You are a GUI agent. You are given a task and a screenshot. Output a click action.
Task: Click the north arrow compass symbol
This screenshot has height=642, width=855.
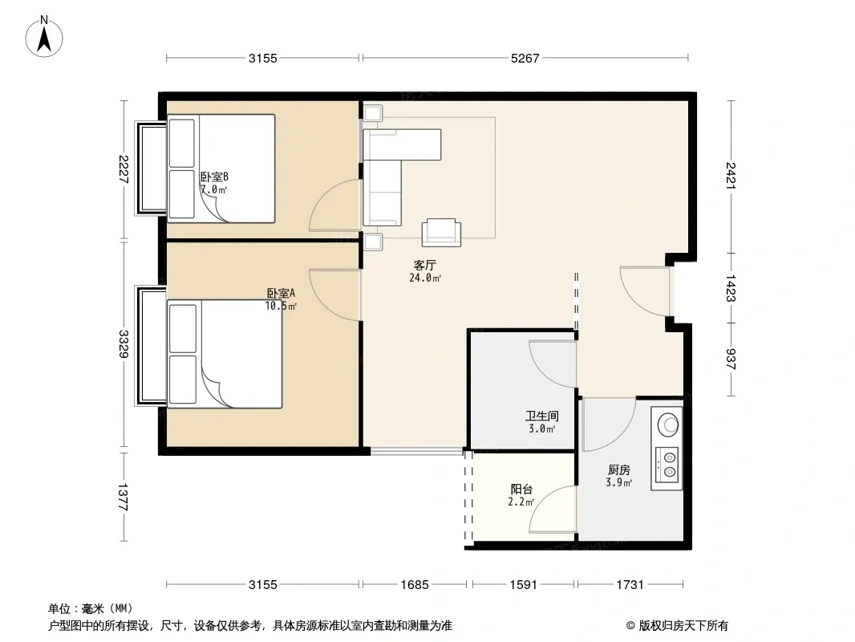tap(44, 37)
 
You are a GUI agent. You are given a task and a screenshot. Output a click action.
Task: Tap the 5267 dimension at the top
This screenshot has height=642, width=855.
tap(525, 59)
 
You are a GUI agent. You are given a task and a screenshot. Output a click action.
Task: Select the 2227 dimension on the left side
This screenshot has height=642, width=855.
tap(124, 169)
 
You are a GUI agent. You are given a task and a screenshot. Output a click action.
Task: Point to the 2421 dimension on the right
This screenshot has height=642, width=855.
tap(731, 176)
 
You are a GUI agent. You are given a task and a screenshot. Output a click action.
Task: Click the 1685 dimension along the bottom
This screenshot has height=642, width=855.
tap(415, 585)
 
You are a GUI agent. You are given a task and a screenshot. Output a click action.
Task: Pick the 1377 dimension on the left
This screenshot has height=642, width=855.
tap(124, 497)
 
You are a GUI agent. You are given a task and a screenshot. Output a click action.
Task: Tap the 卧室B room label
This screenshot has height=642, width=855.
tap(214, 177)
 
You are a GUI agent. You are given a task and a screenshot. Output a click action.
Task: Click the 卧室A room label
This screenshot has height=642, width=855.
tap(281, 294)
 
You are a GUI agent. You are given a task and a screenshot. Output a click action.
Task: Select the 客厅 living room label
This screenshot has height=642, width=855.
tap(425, 266)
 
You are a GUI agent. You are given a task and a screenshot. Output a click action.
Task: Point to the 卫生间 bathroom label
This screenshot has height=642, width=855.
tap(542, 416)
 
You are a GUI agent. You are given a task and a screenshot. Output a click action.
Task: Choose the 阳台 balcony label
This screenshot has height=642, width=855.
tap(521, 490)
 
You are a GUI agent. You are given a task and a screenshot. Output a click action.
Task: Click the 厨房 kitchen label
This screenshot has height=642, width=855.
tap(619, 469)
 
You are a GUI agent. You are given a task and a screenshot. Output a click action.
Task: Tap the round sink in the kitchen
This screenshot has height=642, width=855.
tap(668, 425)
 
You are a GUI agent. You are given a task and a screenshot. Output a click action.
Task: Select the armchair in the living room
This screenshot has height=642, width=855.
tap(440, 233)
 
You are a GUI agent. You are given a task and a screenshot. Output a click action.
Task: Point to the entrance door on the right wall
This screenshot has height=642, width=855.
tap(645, 291)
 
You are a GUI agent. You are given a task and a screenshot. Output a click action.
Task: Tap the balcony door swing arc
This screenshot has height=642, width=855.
tap(553, 510)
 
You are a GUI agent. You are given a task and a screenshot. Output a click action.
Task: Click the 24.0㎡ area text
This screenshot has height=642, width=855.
tap(425, 278)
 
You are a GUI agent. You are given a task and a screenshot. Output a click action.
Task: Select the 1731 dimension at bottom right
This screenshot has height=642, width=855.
tap(630, 585)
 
